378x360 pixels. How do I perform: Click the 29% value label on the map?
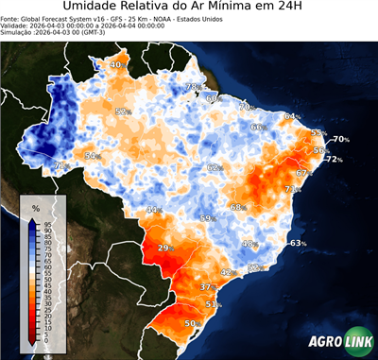(166, 249)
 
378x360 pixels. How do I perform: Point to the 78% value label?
(192, 87)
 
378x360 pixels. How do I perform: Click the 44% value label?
(153, 210)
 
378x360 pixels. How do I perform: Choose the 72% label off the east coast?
(334, 160)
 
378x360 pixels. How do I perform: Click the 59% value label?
(207, 219)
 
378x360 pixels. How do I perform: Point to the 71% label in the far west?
(61, 165)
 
